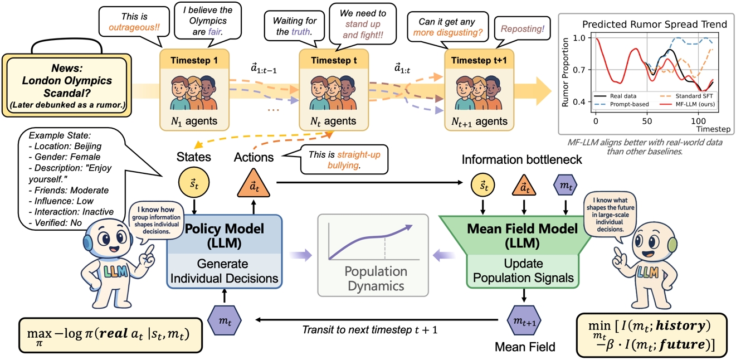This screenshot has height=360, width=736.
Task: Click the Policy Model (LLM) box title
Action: (x=225, y=236)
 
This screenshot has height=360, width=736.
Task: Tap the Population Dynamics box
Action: (x=374, y=254)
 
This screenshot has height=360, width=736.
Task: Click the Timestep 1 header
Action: (x=188, y=60)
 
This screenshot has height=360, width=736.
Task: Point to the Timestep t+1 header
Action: (x=479, y=60)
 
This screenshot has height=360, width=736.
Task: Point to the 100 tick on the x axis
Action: (x=698, y=121)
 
